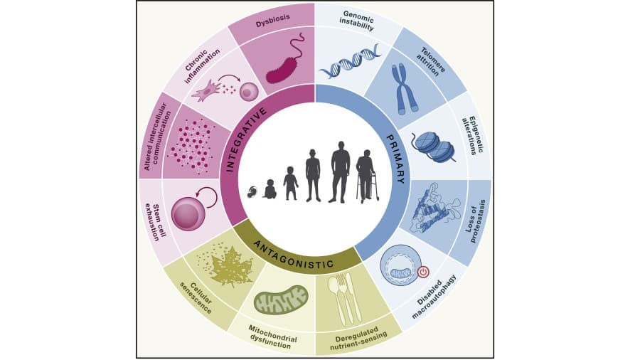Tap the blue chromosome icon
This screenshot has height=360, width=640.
click(407, 86)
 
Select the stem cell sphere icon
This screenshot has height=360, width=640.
click(188, 214)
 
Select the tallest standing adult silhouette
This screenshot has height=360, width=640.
click(341, 171)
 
